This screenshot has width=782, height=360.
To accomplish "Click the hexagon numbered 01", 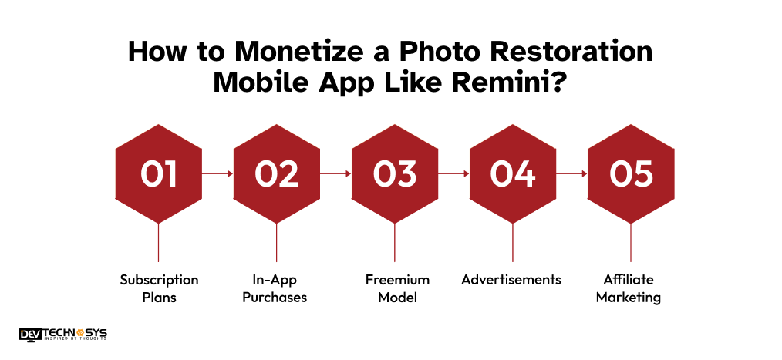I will point(158,173).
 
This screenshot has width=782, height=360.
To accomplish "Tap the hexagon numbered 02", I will point(277,173).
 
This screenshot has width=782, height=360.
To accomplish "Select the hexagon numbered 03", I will point(395,173).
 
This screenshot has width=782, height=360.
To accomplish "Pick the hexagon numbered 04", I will point(513,173).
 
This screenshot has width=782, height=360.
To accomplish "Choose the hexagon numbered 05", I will point(631,173).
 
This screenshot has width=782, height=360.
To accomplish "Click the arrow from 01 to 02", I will point(217,174).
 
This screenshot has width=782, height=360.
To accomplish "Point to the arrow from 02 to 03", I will point(335,174).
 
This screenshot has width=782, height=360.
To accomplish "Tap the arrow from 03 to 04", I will point(453,174).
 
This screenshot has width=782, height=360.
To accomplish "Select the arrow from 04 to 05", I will point(571,174).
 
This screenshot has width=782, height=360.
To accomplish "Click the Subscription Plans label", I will point(159,288).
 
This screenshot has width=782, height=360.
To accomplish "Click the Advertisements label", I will point(511,280).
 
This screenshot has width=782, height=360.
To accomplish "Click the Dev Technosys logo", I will point(63,334).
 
